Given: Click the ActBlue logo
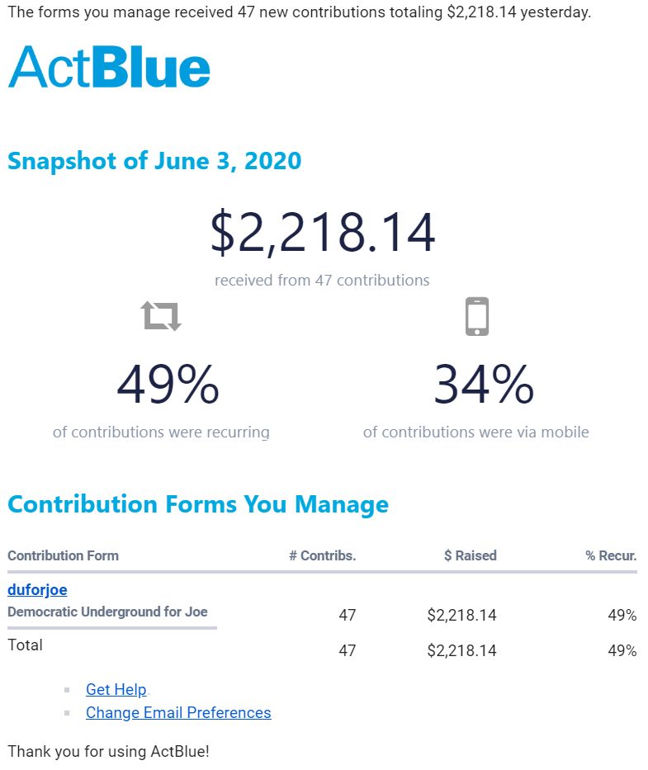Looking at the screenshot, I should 109,67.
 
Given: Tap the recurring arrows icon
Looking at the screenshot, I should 161,315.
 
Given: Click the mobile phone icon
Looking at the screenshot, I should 477,316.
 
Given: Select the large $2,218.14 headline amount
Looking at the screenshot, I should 323,233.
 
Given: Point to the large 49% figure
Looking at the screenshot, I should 168,385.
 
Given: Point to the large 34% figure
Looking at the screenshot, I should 484,385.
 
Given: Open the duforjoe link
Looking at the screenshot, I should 37,590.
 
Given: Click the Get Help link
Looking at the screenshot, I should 116,690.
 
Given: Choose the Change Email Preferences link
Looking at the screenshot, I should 178,713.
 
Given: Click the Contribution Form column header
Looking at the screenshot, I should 63,555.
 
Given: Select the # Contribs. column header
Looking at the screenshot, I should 322,555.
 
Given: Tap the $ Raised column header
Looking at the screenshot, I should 470,555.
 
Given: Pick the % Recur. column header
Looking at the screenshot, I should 611,555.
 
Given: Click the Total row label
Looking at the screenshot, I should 25,645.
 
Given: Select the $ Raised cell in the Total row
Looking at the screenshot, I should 461,650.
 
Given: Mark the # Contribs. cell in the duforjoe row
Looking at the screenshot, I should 348,615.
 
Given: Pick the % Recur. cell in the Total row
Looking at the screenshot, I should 622,650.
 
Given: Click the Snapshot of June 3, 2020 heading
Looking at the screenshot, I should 154,161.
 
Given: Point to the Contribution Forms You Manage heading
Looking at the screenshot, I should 198,504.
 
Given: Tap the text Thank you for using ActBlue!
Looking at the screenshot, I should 108,752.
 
